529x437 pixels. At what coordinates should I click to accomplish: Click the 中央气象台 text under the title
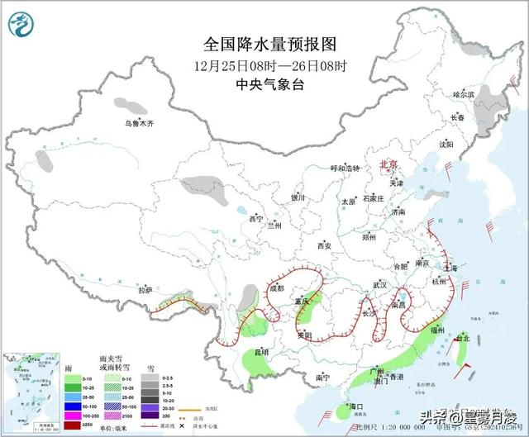point(264,83)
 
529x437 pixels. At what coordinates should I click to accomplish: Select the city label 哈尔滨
point(465,96)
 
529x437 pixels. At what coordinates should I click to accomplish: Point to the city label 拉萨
point(145,290)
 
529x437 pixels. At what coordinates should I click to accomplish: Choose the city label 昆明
point(261,353)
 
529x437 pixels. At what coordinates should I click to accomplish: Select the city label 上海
point(450,268)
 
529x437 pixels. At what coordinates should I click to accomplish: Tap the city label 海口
point(356,407)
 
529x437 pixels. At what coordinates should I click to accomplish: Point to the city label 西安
point(323,246)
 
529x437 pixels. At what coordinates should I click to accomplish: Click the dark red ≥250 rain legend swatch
point(74,422)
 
